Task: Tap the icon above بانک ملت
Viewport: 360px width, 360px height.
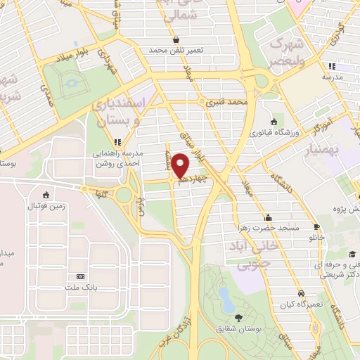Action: point(80,276)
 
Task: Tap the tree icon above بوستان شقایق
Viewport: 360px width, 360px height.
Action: point(238,317)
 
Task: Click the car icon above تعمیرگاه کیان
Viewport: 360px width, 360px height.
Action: point(300,292)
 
